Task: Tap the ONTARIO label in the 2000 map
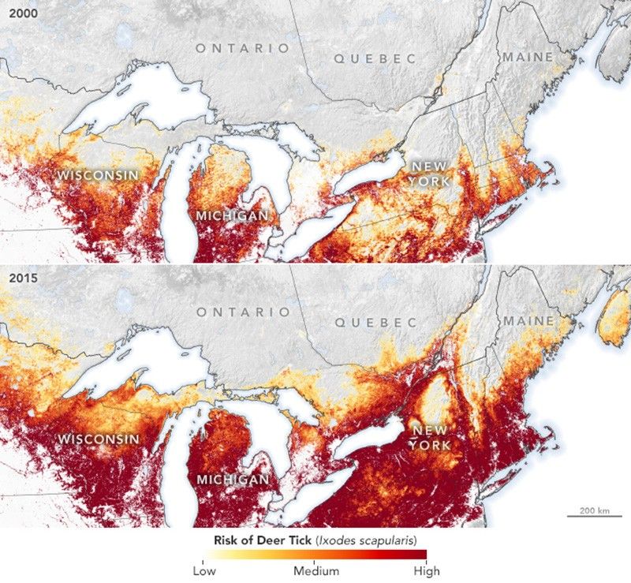(x=243, y=48)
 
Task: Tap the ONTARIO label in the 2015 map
(x=243, y=312)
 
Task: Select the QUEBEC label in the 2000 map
(x=374, y=58)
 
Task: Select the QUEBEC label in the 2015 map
(x=374, y=323)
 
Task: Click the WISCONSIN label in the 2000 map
(x=96, y=174)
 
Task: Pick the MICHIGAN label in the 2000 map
(x=231, y=215)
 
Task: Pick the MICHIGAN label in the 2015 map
(x=231, y=479)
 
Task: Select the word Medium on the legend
(x=317, y=570)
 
